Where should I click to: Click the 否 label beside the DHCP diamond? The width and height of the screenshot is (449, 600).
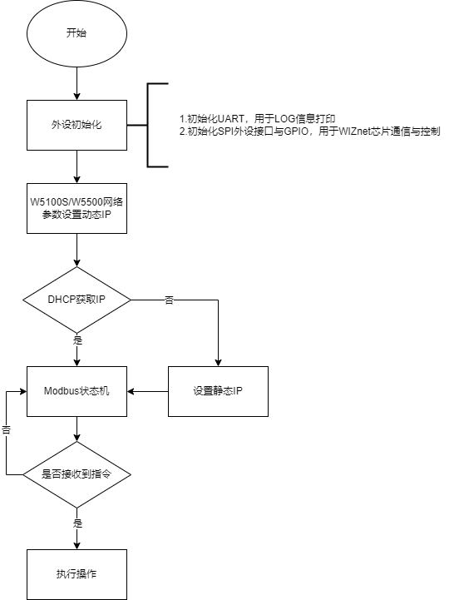(169, 300)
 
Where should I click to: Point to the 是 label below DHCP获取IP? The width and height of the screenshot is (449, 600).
(77, 340)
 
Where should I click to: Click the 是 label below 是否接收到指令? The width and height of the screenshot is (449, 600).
(77, 523)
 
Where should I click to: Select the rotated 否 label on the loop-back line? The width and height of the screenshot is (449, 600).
(6, 429)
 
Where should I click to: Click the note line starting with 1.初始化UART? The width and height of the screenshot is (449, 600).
(258, 119)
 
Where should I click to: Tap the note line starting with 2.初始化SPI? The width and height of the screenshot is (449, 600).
(310, 131)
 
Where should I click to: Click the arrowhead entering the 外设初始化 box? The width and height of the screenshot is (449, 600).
(76, 96)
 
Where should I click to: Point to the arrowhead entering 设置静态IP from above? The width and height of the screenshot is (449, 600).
(218, 362)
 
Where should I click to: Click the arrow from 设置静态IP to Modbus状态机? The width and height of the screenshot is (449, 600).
(148, 391)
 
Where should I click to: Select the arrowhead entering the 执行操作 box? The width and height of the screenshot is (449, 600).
(76, 546)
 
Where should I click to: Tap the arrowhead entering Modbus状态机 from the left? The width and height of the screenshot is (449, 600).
(23, 391)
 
